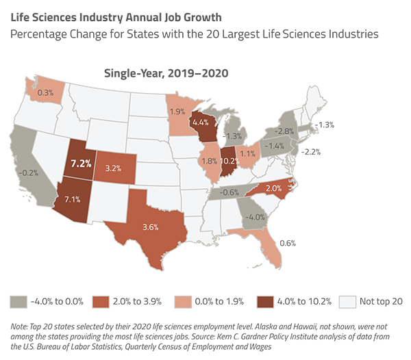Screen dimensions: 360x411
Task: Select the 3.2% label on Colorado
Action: pos(113,166)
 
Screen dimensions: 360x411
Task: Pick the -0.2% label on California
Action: pos(29,174)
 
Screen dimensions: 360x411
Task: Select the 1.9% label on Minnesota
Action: pos(177,111)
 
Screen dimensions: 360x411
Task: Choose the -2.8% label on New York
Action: pos(286,130)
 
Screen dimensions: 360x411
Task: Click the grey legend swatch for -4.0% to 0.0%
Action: pos(18,300)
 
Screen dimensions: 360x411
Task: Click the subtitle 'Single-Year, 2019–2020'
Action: pos(166,73)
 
